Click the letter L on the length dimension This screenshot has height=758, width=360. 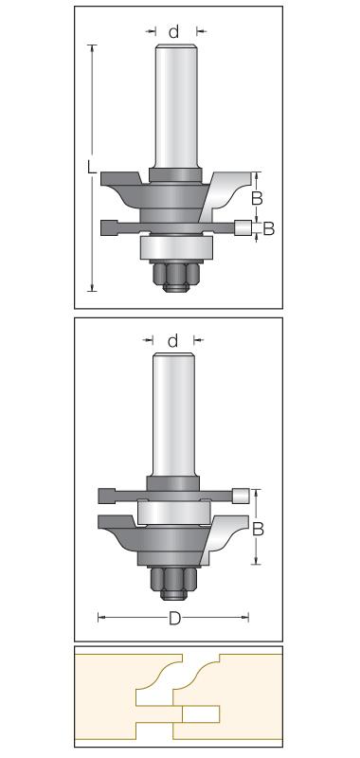(x=92, y=167)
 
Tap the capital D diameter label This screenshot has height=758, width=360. (x=174, y=618)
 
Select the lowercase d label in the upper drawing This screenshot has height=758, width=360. (x=173, y=32)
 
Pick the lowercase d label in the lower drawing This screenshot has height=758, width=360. (x=172, y=340)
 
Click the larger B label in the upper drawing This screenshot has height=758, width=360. (x=258, y=198)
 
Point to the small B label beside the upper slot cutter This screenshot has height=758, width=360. (x=268, y=228)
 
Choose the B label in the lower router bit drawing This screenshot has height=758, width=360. (x=258, y=530)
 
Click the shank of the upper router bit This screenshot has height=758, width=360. (x=176, y=106)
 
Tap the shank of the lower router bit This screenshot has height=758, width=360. (x=173, y=415)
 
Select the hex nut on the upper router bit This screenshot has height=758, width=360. (x=175, y=276)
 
